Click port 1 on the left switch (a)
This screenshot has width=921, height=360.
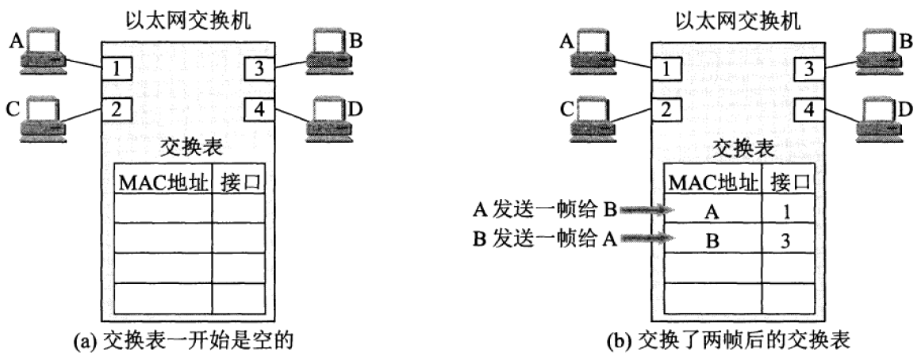pyautogui.click(x=116, y=69)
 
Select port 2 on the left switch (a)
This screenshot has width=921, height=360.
pyautogui.click(x=116, y=109)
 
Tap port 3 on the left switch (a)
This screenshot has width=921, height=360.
pyautogui.click(x=259, y=69)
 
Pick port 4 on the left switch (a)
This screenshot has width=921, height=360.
pyautogui.click(x=259, y=109)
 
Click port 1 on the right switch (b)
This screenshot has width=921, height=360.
pyautogui.click(x=669, y=70)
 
